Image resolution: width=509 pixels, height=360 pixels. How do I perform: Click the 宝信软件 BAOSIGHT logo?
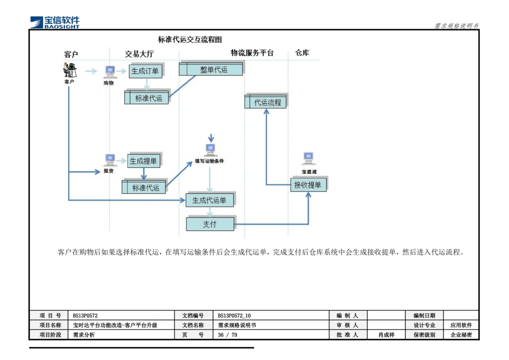54,21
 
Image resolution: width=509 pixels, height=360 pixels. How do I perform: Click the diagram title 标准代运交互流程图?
189,40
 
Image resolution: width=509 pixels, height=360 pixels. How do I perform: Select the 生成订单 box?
145,71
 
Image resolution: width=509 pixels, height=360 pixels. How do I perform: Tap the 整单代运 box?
211,69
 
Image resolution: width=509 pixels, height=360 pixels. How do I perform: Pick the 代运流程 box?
266,102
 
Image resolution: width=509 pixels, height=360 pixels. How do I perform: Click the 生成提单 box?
143,161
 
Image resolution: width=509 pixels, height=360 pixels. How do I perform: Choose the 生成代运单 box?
209,201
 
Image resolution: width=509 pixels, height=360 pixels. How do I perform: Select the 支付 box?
210,224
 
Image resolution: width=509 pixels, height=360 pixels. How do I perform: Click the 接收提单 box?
308,185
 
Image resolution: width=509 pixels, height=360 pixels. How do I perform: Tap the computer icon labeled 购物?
109,72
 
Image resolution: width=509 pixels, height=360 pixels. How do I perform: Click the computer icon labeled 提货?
109,160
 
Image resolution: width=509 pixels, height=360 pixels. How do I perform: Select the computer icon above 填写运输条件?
210,150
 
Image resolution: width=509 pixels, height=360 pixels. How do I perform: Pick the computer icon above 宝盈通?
308,158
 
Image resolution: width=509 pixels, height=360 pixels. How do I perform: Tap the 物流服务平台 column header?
252,53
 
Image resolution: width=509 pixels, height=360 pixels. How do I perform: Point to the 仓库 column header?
302,53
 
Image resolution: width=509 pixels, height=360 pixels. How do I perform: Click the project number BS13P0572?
86,316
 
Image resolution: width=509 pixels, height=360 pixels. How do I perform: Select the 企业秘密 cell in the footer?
461,335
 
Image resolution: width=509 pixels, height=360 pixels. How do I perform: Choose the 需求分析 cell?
84,335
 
